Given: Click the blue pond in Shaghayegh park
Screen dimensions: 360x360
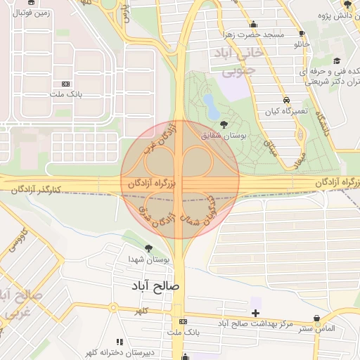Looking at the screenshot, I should coord(210,106).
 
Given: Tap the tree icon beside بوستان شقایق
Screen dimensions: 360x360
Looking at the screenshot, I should coord(224,124).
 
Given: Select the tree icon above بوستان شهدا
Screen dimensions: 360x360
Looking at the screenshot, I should coord(148,248).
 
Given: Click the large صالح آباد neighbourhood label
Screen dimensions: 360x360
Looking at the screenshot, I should coord(155,287).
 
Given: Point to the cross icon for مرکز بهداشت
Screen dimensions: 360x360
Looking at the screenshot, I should coord(255,312).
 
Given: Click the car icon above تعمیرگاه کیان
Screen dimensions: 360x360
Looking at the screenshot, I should coord(286,99).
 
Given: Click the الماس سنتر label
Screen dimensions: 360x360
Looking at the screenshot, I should coord(315,328).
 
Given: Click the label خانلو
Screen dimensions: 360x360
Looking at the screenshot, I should coord(301,44).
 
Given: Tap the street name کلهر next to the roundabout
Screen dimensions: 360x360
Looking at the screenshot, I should coord(142,309).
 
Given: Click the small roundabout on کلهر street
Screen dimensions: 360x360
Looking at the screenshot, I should coord(112,307).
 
